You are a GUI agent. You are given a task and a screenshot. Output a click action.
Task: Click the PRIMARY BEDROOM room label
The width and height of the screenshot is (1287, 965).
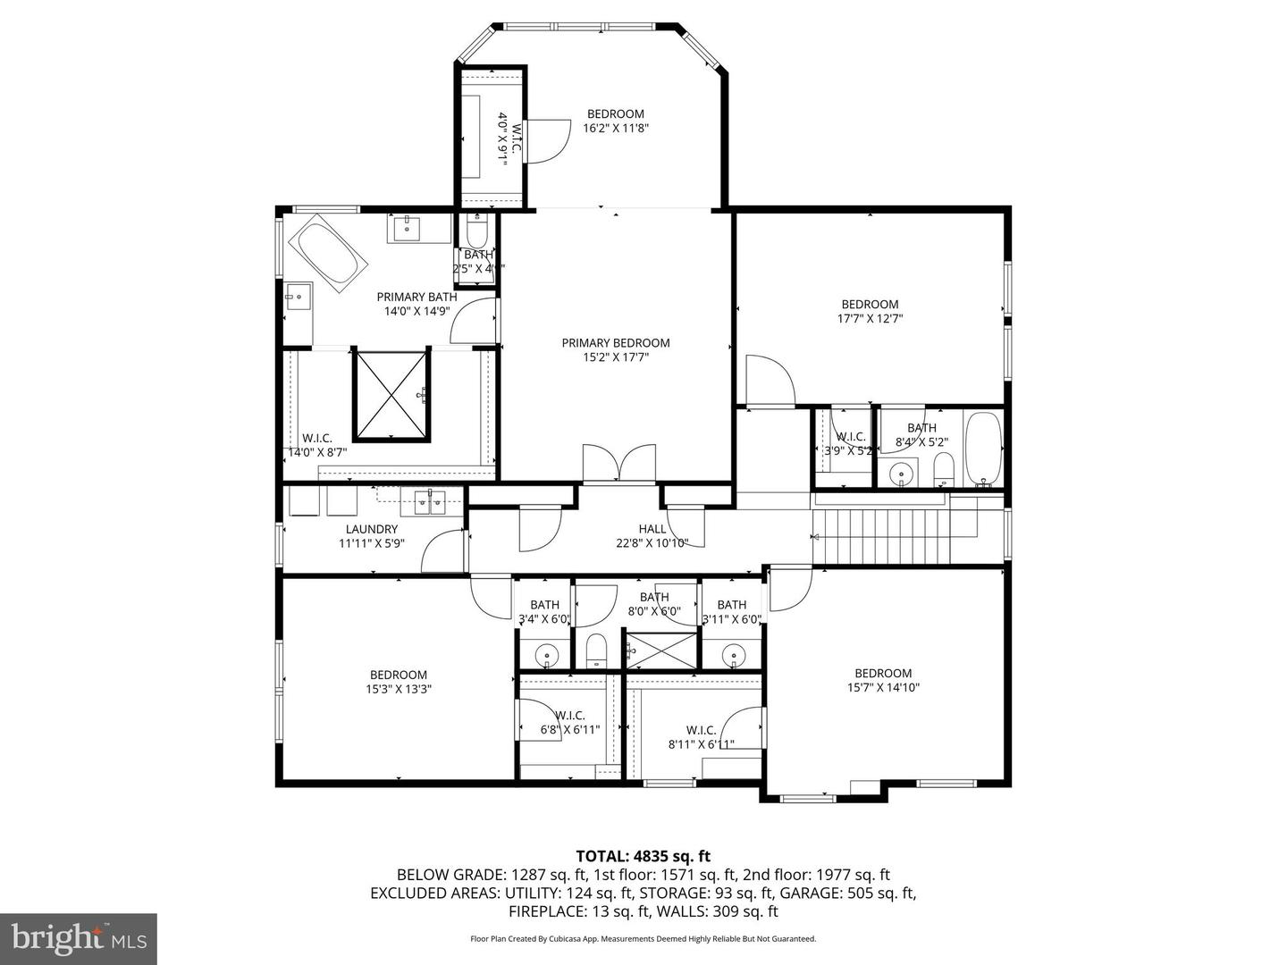click(x=615, y=343)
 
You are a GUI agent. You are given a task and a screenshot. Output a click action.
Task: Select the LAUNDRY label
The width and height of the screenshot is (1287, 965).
click(x=371, y=529)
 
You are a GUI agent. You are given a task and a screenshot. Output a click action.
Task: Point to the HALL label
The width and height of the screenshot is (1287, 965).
click(x=652, y=529)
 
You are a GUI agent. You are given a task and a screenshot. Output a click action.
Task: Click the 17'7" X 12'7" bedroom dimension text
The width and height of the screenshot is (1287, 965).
click(x=870, y=318)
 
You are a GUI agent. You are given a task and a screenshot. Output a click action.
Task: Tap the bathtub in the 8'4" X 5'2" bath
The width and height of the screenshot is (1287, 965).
click(x=983, y=447)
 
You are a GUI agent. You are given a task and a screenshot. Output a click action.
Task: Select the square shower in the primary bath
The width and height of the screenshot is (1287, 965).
click(x=391, y=395)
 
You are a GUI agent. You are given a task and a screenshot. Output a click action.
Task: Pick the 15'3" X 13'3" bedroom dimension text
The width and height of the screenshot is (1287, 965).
click(x=398, y=689)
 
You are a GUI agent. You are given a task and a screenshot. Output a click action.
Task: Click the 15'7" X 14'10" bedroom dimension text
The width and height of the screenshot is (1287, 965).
click(x=883, y=687)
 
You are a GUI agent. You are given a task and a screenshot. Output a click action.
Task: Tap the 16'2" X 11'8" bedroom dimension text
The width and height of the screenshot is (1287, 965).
click(x=615, y=128)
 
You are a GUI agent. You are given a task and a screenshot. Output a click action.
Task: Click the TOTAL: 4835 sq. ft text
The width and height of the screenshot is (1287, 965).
click(x=643, y=856)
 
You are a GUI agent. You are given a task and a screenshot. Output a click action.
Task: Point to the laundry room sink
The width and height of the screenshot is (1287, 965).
click(x=432, y=502)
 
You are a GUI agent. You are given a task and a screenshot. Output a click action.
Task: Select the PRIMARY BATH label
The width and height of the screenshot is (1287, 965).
click(x=416, y=297)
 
